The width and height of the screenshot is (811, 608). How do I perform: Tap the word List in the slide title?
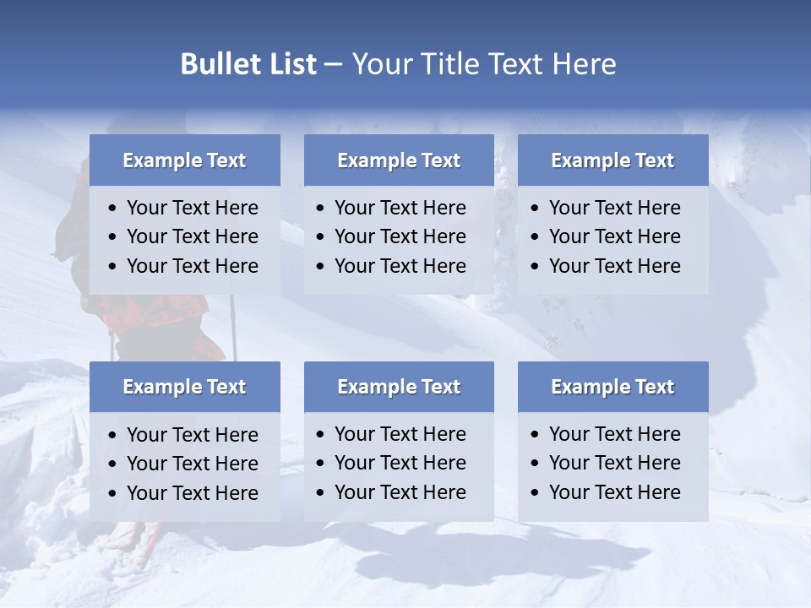(x=289, y=64)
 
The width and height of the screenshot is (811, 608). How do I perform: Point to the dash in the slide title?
(x=333, y=64)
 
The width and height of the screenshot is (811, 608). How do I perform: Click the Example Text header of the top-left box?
(x=184, y=160)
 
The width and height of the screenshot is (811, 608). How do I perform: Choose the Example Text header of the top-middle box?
(x=399, y=160)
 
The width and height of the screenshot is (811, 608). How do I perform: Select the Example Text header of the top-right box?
(x=612, y=160)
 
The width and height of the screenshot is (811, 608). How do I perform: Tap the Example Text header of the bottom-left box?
(x=184, y=387)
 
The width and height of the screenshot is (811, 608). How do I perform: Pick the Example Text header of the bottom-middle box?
(x=399, y=387)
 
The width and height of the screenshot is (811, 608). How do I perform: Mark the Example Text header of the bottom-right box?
(x=612, y=387)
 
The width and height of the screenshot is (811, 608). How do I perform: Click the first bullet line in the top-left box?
(x=192, y=208)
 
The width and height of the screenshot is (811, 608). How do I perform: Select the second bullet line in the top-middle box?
(x=400, y=236)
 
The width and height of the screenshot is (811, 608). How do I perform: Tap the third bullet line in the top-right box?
(x=614, y=266)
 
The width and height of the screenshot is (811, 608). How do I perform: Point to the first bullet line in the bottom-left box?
(x=192, y=435)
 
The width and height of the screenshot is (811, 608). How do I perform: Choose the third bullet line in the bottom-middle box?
(x=400, y=492)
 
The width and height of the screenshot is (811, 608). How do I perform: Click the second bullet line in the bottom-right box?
(x=614, y=463)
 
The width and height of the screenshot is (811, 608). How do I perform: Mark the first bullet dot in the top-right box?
(x=536, y=209)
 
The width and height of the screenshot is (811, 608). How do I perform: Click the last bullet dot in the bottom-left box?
(x=113, y=494)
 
